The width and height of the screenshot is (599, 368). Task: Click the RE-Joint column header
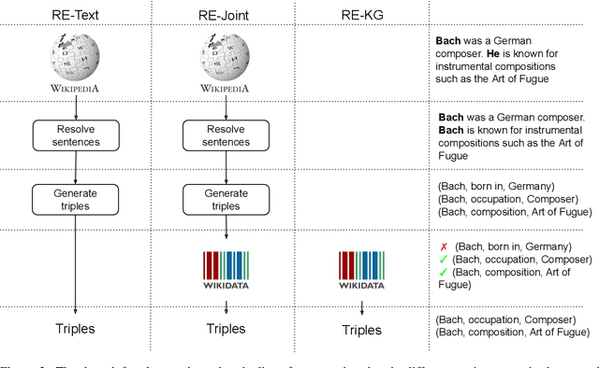pyautogui.click(x=224, y=15)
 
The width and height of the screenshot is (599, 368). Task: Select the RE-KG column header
pyautogui.click(x=360, y=15)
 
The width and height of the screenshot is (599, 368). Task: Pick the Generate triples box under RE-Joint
pyautogui.click(x=224, y=199)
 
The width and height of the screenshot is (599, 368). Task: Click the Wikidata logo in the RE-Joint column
pyautogui.click(x=224, y=266)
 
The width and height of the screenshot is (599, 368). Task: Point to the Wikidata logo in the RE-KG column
pyautogui.click(x=360, y=266)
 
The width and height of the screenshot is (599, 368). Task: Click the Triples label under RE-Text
pyautogui.click(x=74, y=329)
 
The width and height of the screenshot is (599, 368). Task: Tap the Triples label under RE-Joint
pyautogui.click(x=224, y=329)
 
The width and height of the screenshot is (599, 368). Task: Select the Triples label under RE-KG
pyautogui.click(x=360, y=329)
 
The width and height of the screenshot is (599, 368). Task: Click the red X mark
pyautogui.click(x=444, y=244)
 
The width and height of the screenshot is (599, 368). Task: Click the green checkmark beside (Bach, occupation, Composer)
pyautogui.click(x=444, y=259)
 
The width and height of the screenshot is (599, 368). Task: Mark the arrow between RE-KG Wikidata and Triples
pyautogui.click(x=360, y=306)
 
